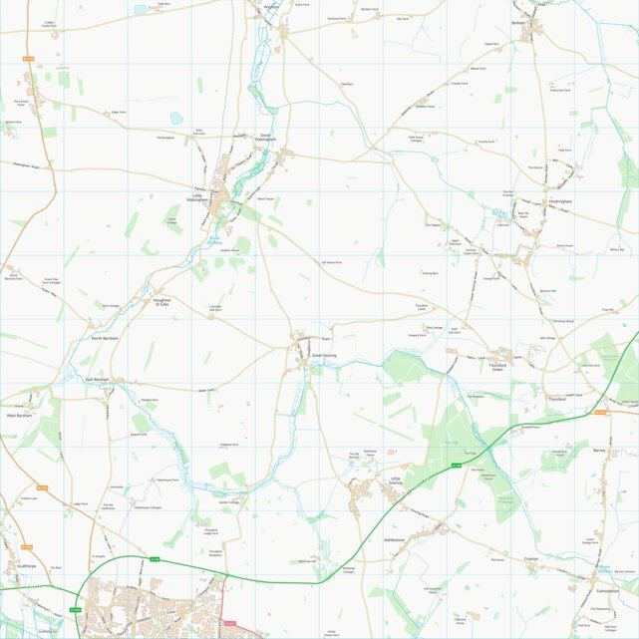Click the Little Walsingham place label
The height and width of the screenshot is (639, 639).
point(199,197)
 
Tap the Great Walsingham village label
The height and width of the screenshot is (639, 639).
point(265,138)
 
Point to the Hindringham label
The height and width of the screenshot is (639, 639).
point(559,201)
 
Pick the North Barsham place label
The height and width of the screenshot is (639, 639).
point(105,339)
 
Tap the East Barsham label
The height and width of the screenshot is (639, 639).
point(96,380)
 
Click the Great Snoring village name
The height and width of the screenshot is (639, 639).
point(324,355)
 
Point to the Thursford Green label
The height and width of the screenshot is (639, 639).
point(497,368)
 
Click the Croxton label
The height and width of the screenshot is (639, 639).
point(530,559)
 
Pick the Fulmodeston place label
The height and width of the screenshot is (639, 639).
point(607,591)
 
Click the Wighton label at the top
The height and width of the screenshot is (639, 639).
point(270,6)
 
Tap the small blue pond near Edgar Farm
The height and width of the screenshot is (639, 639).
point(176,118)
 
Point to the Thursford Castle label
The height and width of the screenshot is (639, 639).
point(421,307)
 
